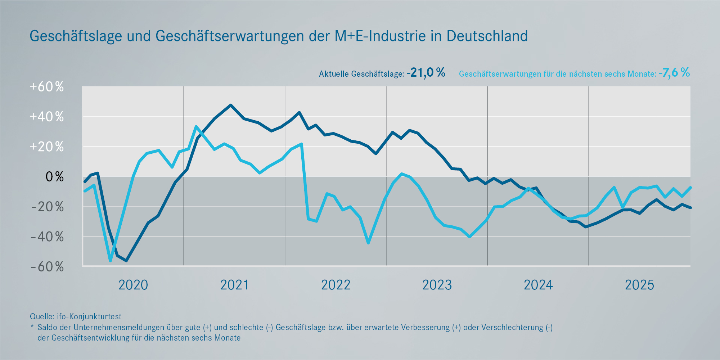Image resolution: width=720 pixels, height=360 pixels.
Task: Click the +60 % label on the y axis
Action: [x=47, y=87]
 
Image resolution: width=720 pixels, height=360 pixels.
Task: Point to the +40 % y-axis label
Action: [x=47, y=117]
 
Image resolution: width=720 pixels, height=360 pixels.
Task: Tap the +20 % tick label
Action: [x=47, y=147]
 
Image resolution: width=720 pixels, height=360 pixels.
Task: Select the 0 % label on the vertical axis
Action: [x=54, y=177]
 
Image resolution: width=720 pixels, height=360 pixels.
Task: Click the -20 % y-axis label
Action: [x=48, y=207]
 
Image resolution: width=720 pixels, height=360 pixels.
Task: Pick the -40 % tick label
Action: [x=48, y=237]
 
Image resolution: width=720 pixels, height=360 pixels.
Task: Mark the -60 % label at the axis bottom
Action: [x=48, y=267]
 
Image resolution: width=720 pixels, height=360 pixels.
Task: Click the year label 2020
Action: [x=133, y=285]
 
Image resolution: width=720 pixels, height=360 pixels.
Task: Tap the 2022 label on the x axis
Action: [x=336, y=285]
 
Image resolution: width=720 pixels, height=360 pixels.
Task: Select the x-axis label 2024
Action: [x=538, y=285]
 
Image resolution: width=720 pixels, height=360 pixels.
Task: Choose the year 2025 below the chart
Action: [x=639, y=285]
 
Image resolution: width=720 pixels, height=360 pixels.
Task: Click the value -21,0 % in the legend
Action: [x=426, y=73]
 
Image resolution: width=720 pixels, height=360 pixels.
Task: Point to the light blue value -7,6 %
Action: [x=674, y=73]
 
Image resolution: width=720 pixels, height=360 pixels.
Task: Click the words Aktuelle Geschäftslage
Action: [x=361, y=74]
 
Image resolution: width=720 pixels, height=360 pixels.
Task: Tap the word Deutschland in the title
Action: [x=487, y=36]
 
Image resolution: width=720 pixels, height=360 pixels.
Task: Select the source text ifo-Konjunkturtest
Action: [x=89, y=316]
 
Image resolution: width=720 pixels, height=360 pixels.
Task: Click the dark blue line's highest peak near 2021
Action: [x=231, y=105]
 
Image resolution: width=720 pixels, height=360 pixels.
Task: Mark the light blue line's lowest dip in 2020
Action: [x=110, y=261]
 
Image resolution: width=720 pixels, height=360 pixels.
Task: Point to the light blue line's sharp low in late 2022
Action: [x=368, y=243]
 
